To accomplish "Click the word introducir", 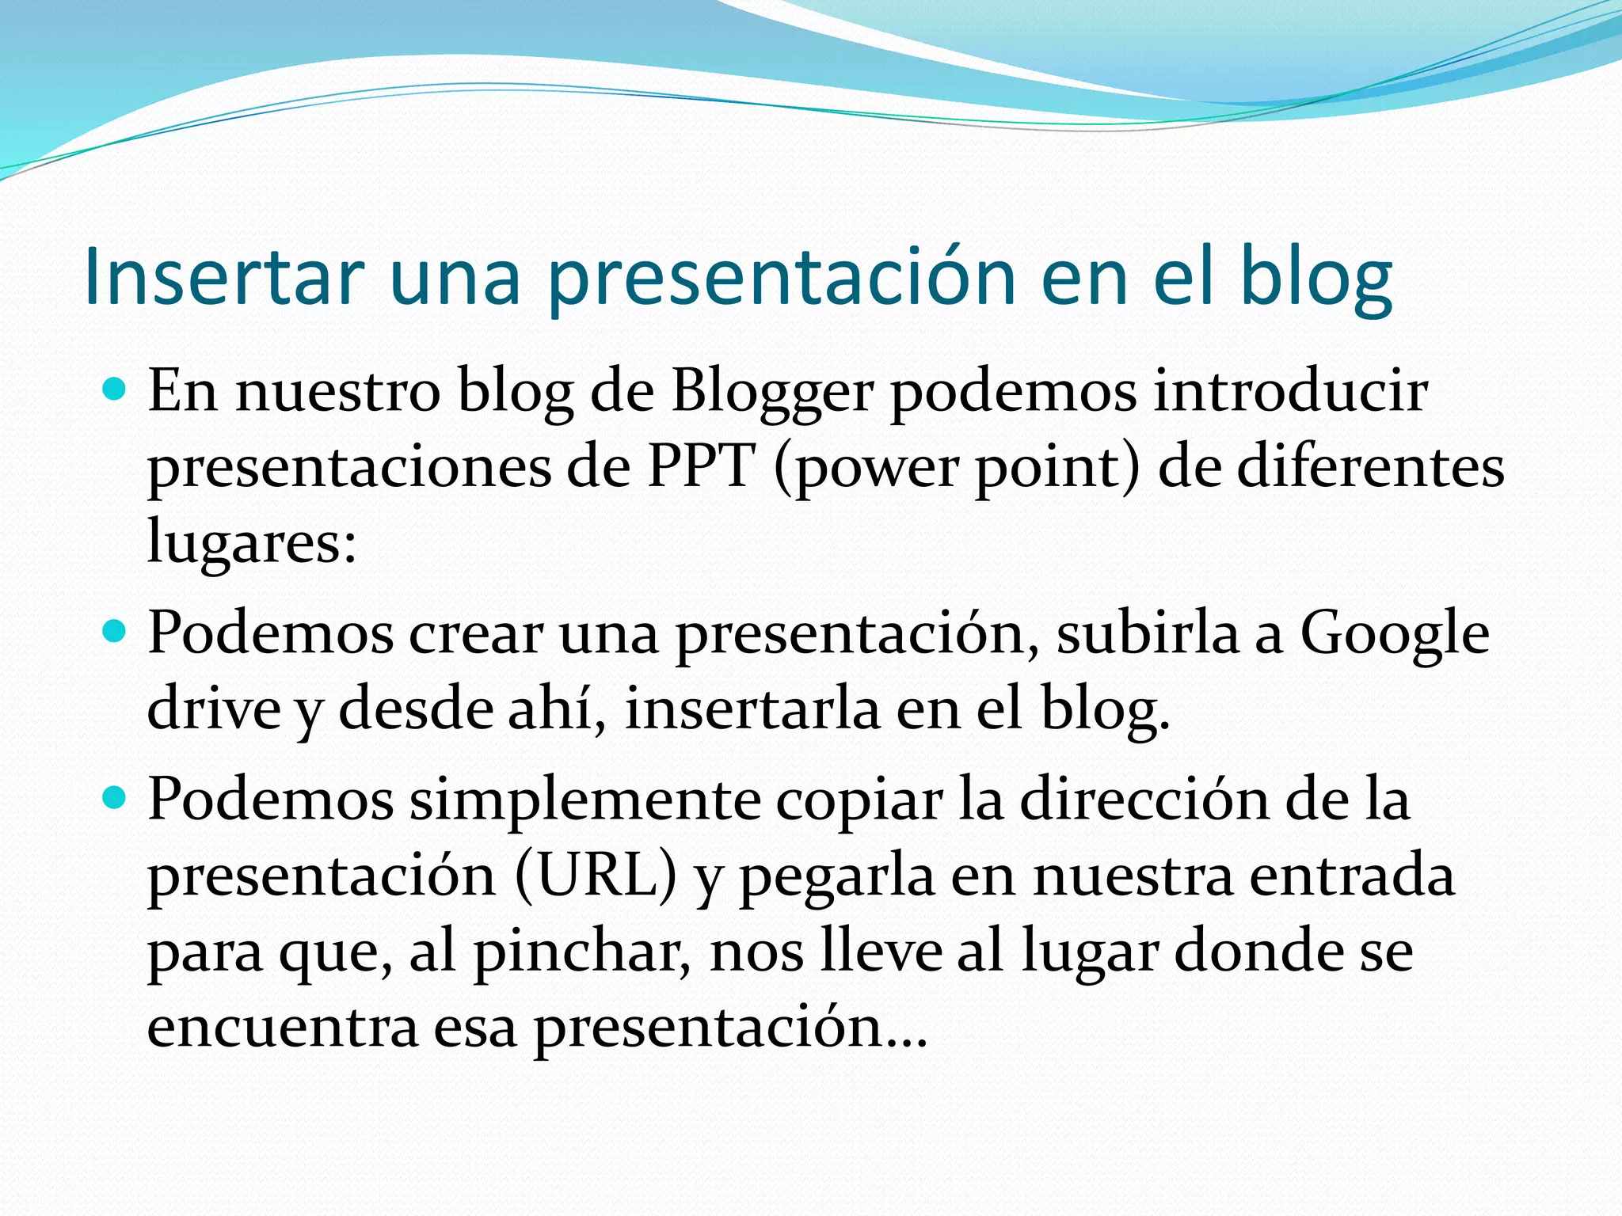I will coord(1290,391).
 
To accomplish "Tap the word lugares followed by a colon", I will coord(252,543).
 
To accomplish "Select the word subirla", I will coord(1148,633).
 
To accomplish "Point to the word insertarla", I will coord(752,709).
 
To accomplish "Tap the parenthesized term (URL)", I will coord(596,876).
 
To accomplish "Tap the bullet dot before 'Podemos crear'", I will coord(115,632).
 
